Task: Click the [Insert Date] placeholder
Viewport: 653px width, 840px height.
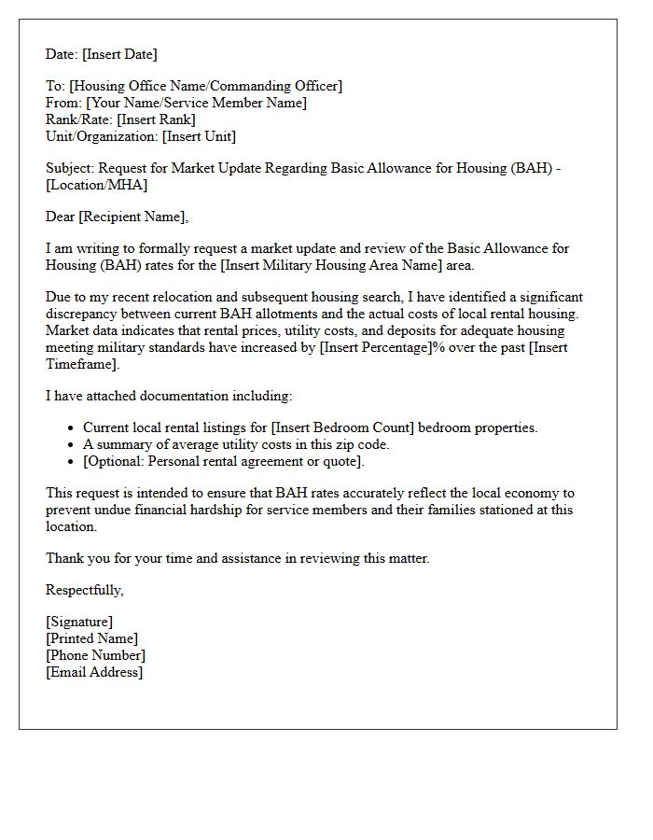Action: click(121, 54)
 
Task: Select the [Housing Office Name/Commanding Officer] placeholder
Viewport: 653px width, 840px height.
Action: click(205, 86)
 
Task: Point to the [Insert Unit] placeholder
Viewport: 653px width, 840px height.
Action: click(199, 136)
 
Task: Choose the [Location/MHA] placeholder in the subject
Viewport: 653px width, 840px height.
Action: click(96, 185)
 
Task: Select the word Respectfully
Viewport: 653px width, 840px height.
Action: click(84, 590)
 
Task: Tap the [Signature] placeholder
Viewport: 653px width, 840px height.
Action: click(79, 622)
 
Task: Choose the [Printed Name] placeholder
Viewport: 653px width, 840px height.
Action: click(91, 638)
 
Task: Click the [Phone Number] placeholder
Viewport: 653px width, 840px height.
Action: click(95, 655)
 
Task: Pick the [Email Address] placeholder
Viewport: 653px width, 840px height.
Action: click(94, 672)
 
